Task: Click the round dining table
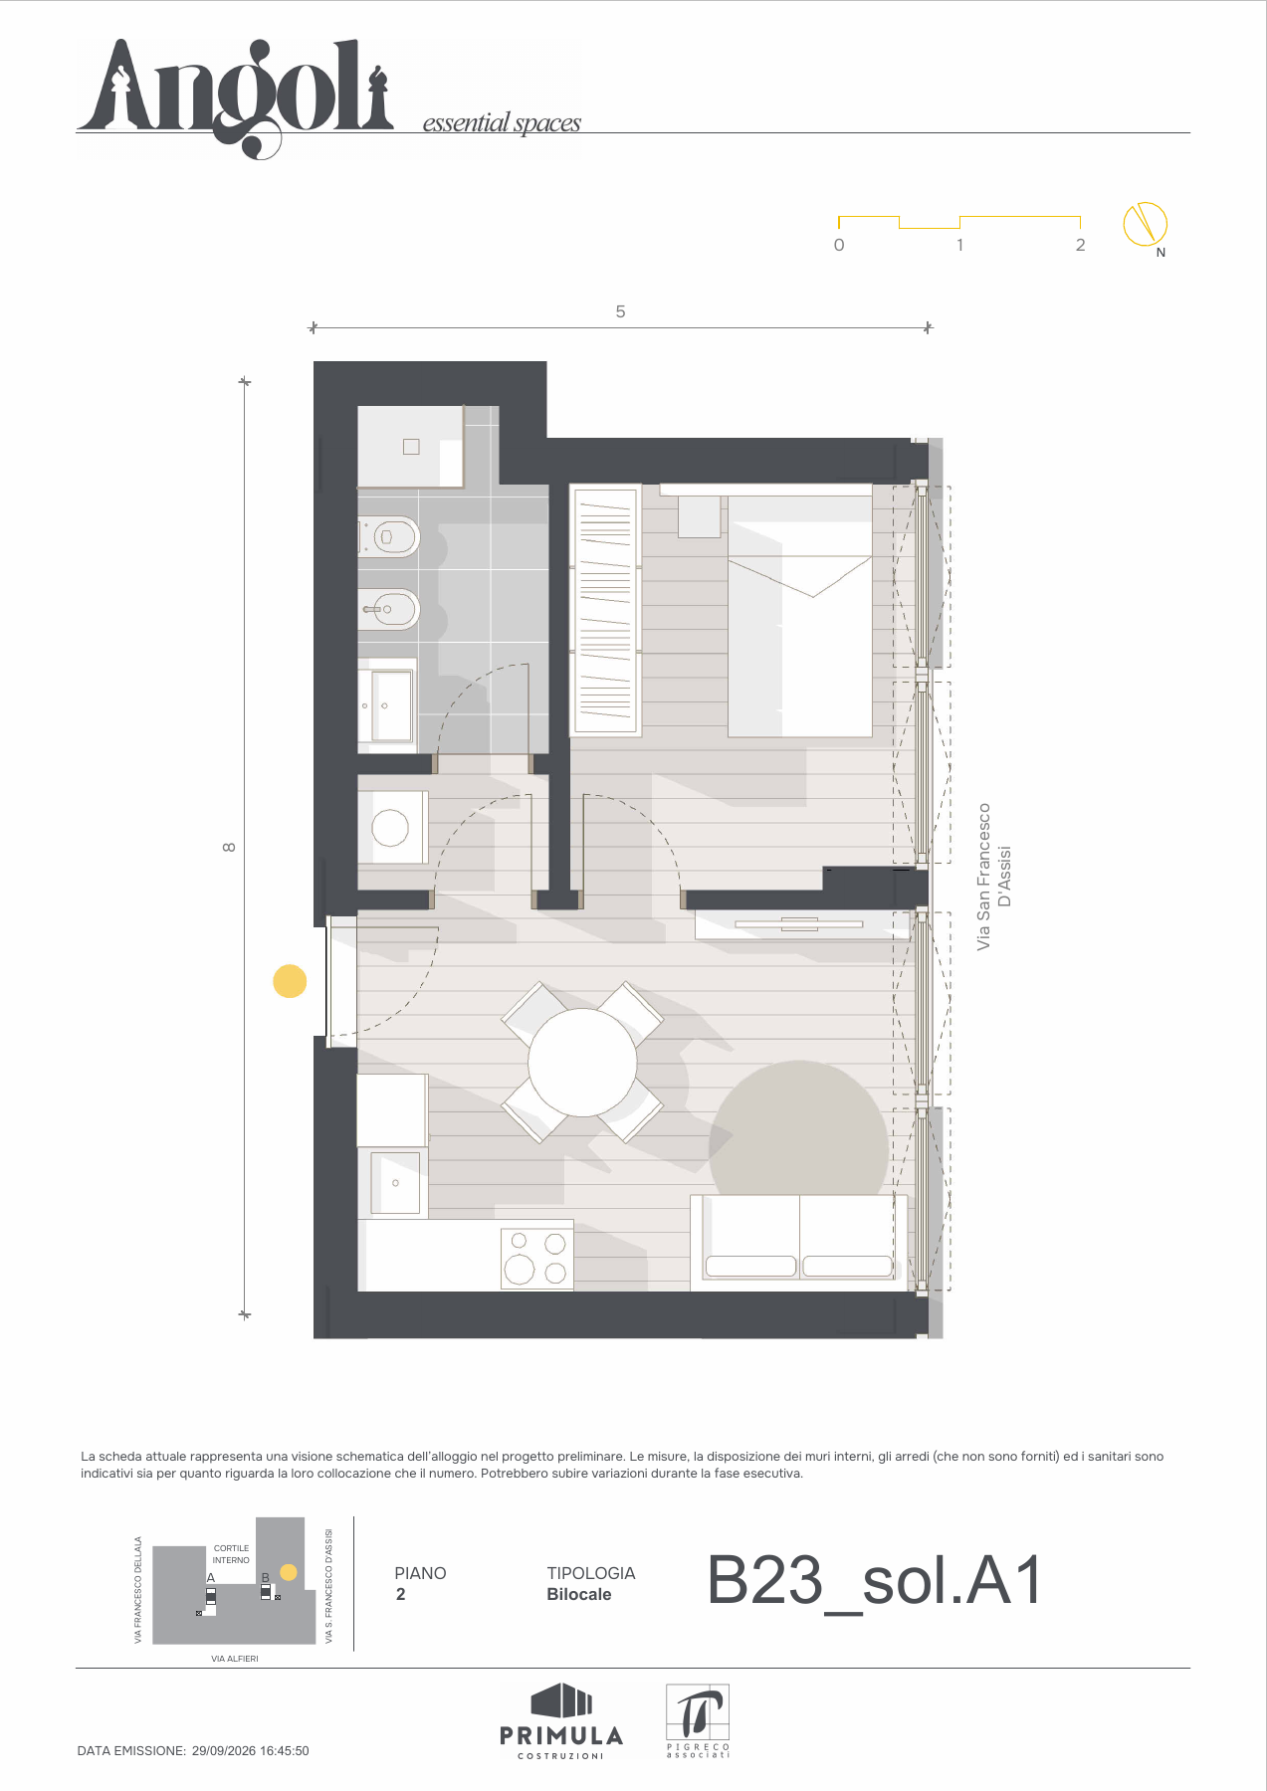(x=582, y=1063)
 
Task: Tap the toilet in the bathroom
(x=389, y=537)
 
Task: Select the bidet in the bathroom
(x=389, y=609)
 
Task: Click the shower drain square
(x=411, y=447)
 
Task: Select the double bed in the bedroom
(x=800, y=615)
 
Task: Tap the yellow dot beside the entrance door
(x=290, y=981)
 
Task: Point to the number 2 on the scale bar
(x=1080, y=245)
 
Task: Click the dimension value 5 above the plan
(x=620, y=311)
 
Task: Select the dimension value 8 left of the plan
(x=229, y=847)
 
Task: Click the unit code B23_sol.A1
(x=875, y=1581)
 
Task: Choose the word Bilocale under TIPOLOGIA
(x=579, y=1594)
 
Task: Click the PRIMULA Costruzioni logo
(x=561, y=1721)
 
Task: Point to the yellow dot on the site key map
(x=289, y=1572)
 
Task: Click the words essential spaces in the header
(x=502, y=123)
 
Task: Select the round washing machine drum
(x=390, y=828)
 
